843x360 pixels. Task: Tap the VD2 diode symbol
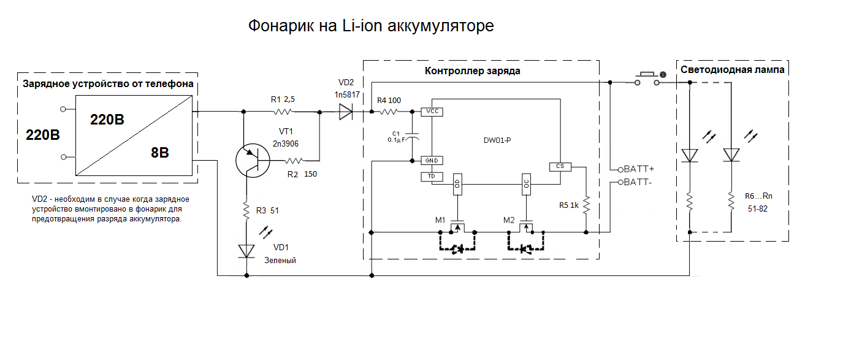[x=346, y=112]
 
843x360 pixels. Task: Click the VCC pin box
[x=432, y=112]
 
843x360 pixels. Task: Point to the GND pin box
[x=432, y=161]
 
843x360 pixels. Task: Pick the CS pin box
[x=560, y=166]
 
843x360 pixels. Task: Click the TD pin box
[x=432, y=177]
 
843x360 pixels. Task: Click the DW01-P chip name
[x=497, y=140]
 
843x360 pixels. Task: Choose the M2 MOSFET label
[x=509, y=220]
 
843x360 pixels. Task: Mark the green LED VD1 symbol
[x=246, y=250]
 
